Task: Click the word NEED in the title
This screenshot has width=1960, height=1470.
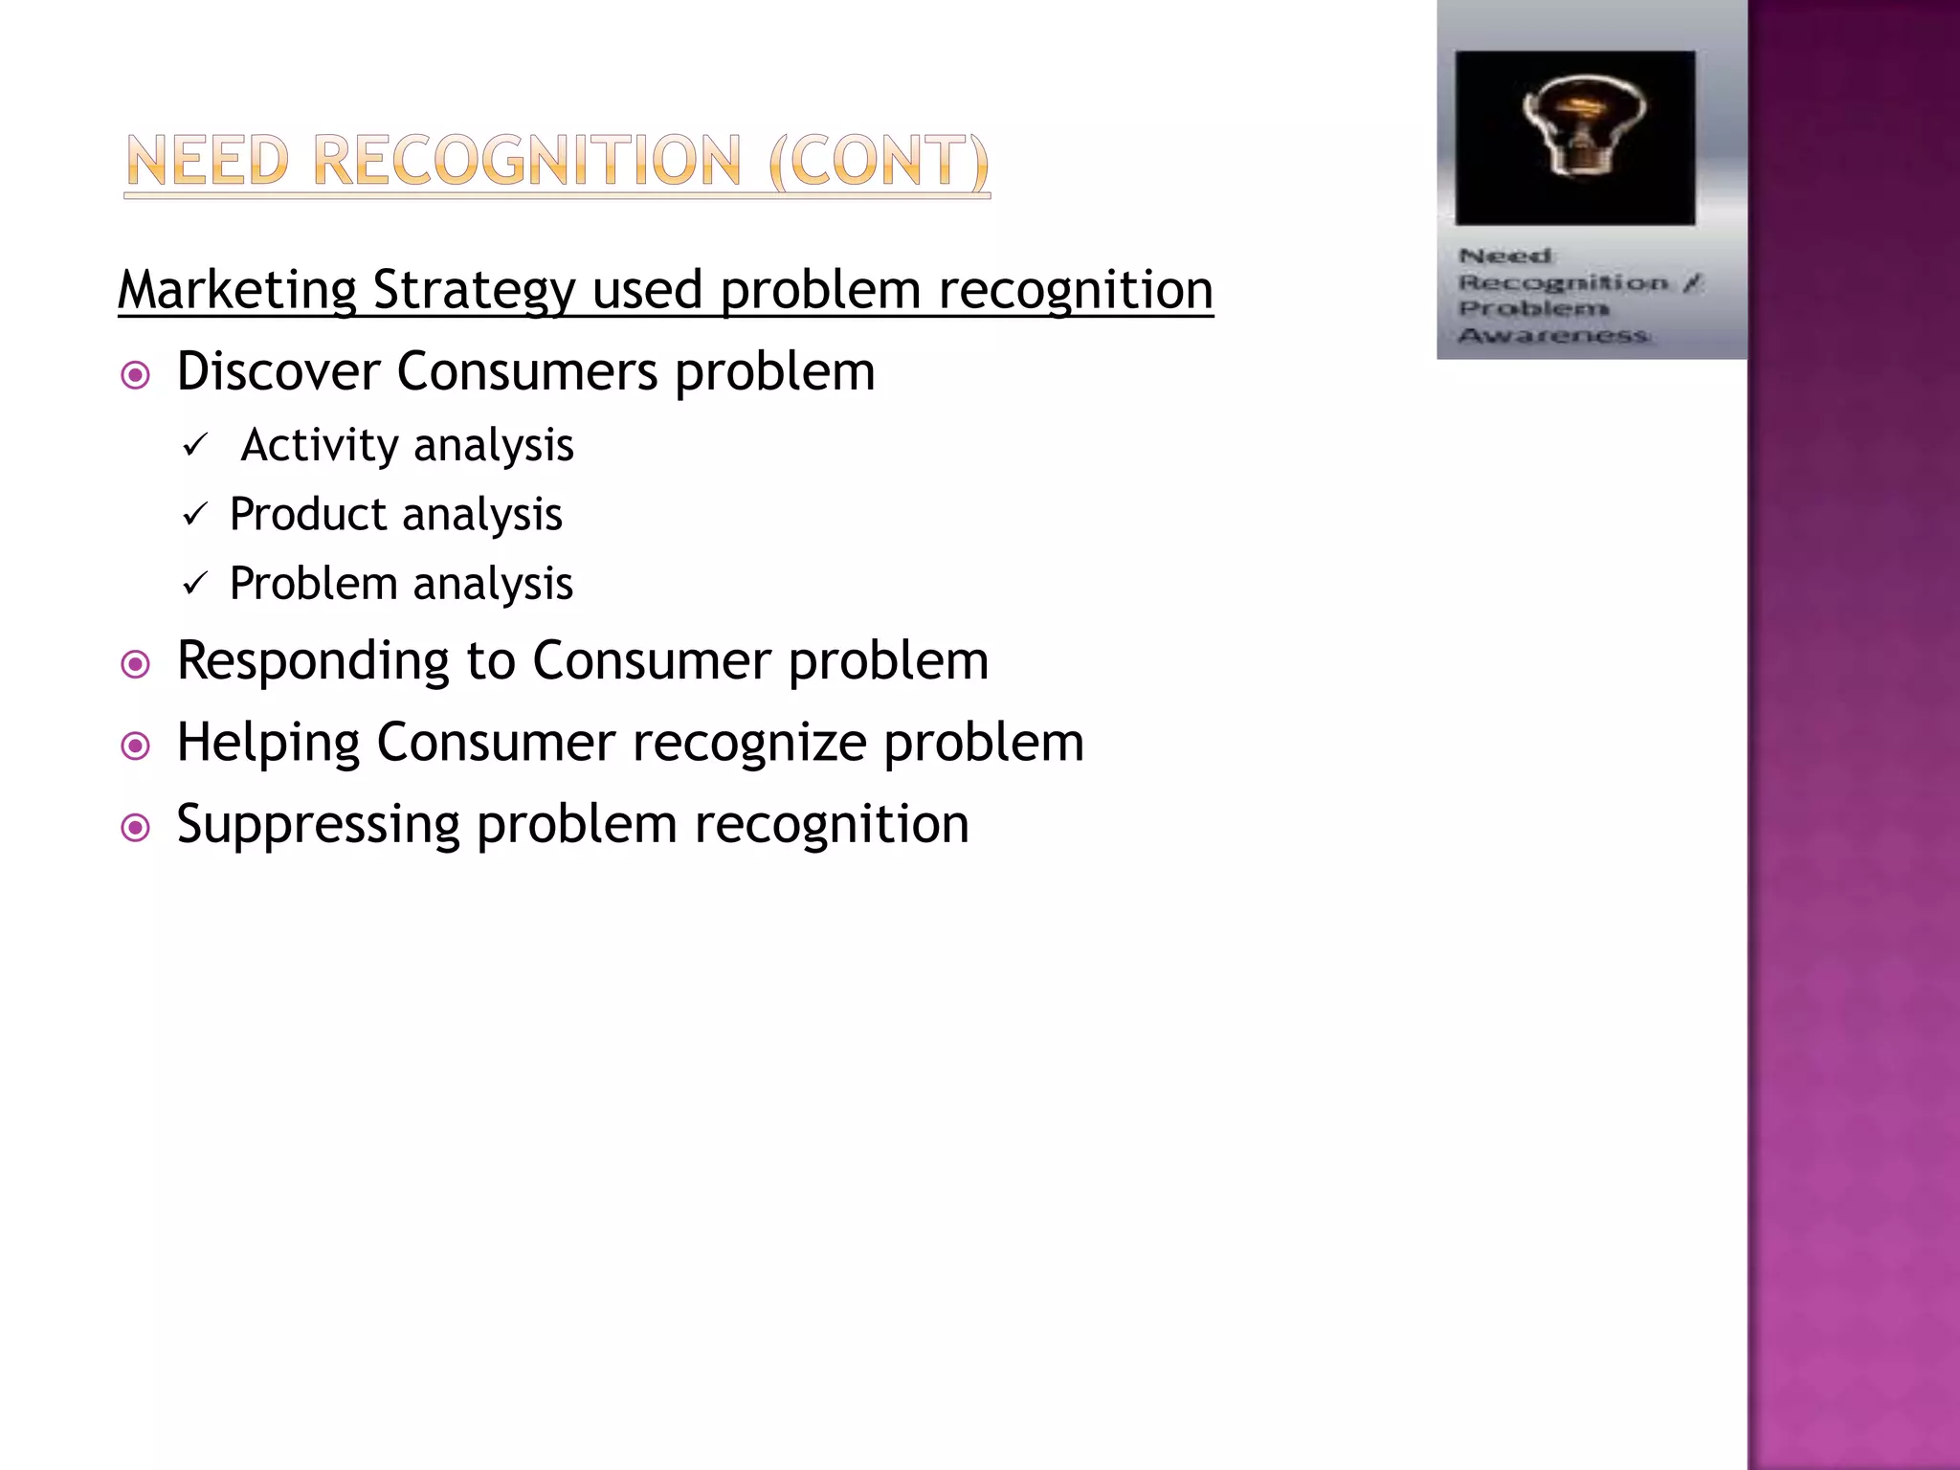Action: point(208,161)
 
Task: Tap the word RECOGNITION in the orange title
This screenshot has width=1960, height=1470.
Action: point(526,161)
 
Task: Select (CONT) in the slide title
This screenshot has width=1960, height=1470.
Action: point(878,161)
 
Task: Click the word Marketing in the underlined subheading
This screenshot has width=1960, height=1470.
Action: point(237,289)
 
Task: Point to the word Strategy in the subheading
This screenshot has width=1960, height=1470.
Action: point(474,291)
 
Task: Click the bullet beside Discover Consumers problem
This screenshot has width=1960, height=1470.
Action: point(136,375)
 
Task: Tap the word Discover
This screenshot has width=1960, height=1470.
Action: point(278,371)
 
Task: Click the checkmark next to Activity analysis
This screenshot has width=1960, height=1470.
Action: point(195,445)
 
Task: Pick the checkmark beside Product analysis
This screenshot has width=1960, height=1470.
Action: point(195,515)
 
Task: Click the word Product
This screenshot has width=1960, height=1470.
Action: point(308,515)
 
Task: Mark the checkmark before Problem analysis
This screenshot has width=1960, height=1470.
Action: point(195,584)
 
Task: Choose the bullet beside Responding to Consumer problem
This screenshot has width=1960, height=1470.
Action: point(136,664)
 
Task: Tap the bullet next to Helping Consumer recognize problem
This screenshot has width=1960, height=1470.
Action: point(136,746)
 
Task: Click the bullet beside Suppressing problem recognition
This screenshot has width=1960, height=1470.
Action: point(136,827)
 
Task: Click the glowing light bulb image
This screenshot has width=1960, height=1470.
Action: point(1575,138)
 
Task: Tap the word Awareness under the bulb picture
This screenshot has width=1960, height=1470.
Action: point(1553,335)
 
